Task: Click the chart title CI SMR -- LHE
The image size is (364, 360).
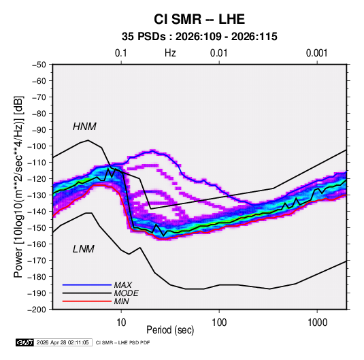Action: [199, 19]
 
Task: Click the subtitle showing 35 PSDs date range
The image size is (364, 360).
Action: [199, 37]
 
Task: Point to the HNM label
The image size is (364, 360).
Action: [84, 127]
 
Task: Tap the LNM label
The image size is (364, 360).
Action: [83, 249]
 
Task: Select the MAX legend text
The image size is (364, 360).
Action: [123, 285]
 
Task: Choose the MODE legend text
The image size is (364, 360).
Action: [127, 293]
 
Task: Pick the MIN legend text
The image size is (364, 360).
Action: [121, 301]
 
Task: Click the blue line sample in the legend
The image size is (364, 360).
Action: [87, 285]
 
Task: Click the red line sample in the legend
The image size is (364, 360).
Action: [87, 301]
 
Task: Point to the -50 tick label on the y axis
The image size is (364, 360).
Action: [39, 65]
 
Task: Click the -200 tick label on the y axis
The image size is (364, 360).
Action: [37, 310]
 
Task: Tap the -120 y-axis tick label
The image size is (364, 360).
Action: [37, 179]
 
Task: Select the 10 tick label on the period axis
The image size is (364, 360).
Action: [121, 323]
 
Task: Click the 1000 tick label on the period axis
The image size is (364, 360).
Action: [317, 323]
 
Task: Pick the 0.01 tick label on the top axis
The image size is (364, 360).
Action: [218, 53]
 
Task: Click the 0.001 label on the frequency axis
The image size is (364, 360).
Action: [316, 53]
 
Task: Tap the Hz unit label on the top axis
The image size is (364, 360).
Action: [170, 53]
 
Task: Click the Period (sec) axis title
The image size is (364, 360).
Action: [170, 330]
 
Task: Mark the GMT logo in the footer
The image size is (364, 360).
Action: [25, 342]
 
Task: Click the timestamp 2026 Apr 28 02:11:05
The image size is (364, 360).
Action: [63, 342]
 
